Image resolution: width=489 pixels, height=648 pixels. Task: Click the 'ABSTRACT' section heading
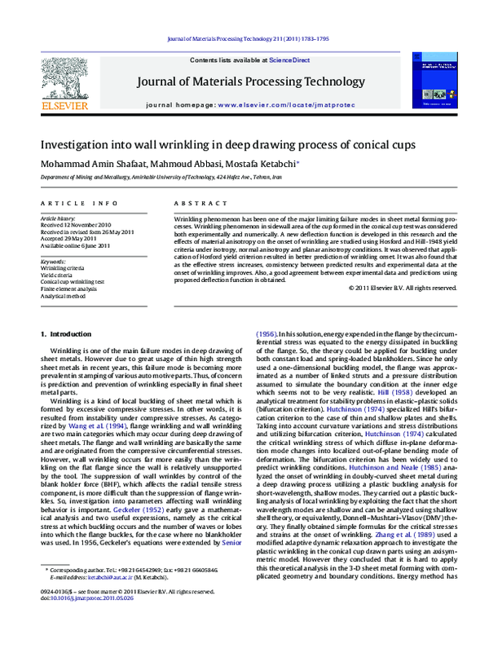tap(195, 202)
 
